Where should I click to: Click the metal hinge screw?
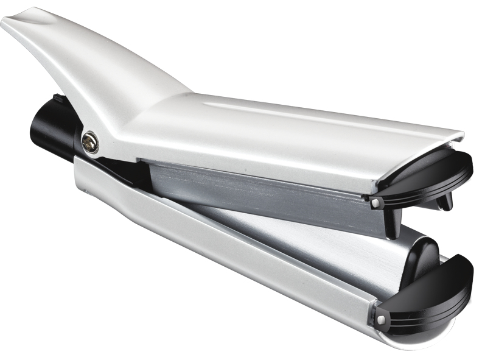[89, 143]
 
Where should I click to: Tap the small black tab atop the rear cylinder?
[58, 99]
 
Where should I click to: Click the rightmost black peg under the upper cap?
[447, 202]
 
